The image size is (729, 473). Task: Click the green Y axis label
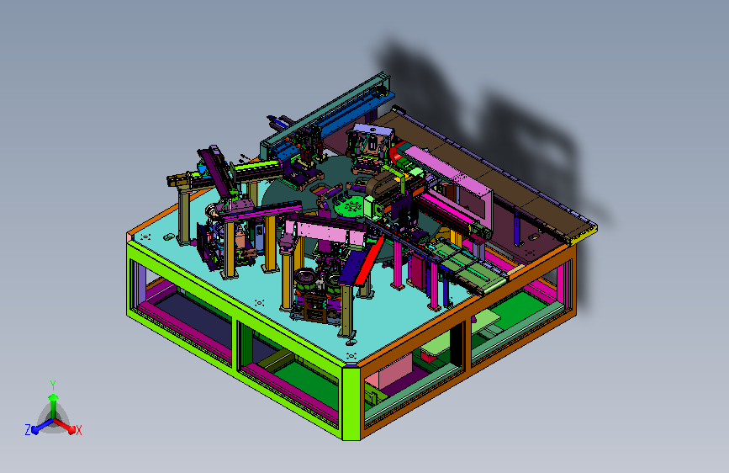[53, 385]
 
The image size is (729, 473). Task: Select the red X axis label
[78, 430]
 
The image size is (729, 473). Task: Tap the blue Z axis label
[28, 430]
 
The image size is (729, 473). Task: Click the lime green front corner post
[351, 402]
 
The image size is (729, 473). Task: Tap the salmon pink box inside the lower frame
[388, 371]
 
